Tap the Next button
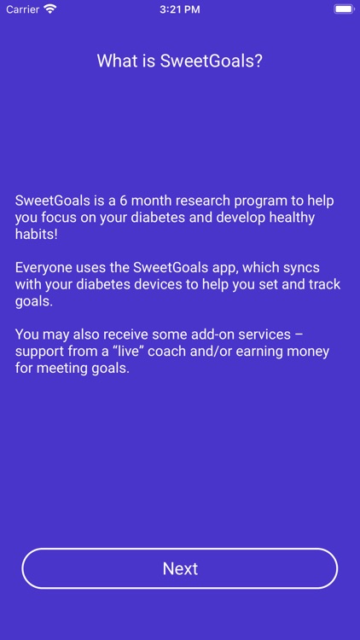coord(180,568)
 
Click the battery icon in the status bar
coord(343,9)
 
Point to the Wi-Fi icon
coord(50,9)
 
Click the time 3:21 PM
coord(180,9)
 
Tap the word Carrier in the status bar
coord(23,9)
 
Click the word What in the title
coord(114,61)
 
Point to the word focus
coord(67,218)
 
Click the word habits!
coord(36,235)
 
